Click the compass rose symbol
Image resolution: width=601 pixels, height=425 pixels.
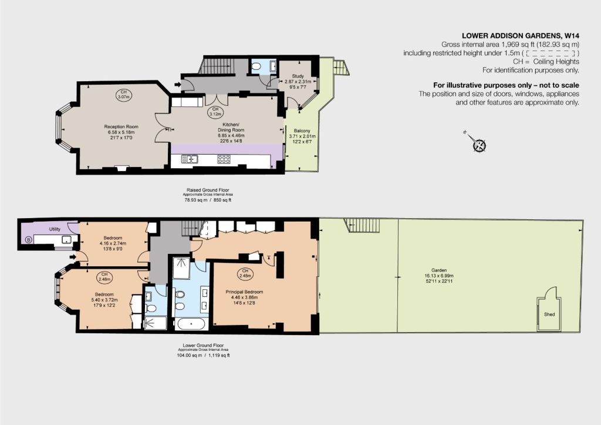click(480, 146)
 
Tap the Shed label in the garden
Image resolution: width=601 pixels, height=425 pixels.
click(549, 314)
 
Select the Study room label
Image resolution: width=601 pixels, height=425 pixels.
click(298, 76)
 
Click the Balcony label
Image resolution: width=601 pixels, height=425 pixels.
click(302, 131)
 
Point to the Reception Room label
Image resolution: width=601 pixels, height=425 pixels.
click(121, 127)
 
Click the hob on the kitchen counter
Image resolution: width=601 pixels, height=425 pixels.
click(224, 159)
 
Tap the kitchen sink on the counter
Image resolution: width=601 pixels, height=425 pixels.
click(189, 159)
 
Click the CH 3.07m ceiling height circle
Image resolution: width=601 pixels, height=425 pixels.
click(123, 95)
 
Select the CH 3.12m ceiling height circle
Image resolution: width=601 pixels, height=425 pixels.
click(215, 112)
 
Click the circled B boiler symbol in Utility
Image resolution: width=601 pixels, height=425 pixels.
click(28, 240)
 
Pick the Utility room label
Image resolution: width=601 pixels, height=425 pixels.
click(55, 229)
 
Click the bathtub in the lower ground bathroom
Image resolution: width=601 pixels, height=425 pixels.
click(192, 324)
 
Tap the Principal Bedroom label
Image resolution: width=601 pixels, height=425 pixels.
click(244, 292)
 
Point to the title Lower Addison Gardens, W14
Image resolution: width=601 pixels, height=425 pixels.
click(521, 36)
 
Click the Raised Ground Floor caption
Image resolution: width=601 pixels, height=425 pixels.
click(208, 190)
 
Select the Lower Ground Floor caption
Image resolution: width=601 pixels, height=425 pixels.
click(203, 346)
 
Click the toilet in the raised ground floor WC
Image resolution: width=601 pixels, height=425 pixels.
click(256, 66)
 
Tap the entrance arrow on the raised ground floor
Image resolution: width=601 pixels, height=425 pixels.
click(178, 84)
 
